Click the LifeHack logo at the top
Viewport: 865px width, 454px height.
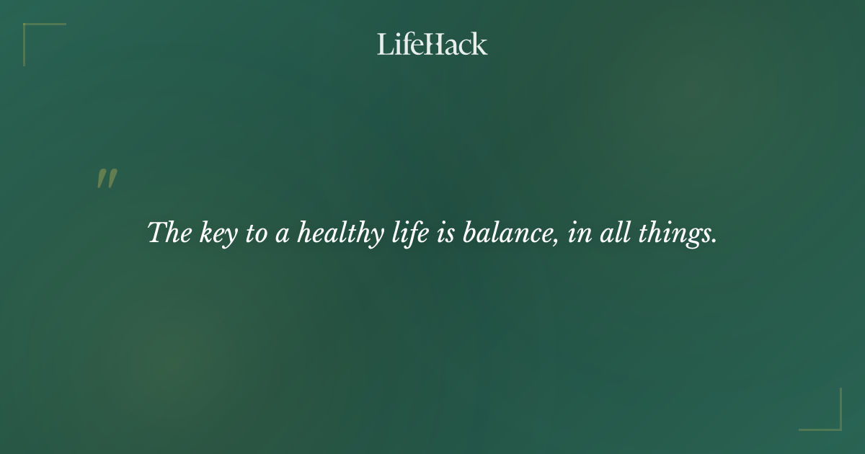(432, 44)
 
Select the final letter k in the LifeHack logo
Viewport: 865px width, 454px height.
(480, 44)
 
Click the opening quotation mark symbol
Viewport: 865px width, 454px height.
(107, 179)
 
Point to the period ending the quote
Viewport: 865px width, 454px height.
(714, 241)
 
